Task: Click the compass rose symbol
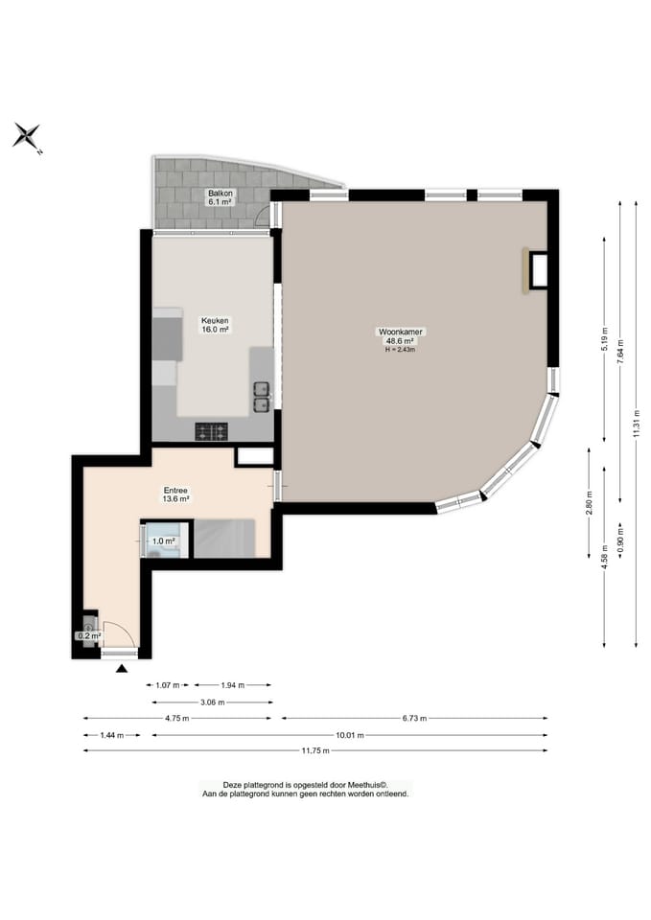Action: [x=27, y=136]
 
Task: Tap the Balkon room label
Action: [x=221, y=193]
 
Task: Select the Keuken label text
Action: [x=215, y=321]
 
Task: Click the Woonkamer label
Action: [x=401, y=333]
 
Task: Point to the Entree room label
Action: [x=175, y=491]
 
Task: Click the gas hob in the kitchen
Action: [x=211, y=432]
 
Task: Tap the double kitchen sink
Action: [x=261, y=397]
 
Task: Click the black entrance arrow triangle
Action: [x=122, y=668]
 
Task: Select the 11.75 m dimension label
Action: [x=315, y=750]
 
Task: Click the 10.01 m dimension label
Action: [x=349, y=735]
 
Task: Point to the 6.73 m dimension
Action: [x=414, y=718]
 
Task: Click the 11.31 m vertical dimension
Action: [x=637, y=424]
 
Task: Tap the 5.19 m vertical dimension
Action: [x=605, y=339]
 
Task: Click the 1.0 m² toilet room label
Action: [x=164, y=540]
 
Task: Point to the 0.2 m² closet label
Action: [x=89, y=635]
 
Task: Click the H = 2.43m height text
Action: [x=401, y=350]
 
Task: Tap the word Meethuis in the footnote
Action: [x=367, y=785]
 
